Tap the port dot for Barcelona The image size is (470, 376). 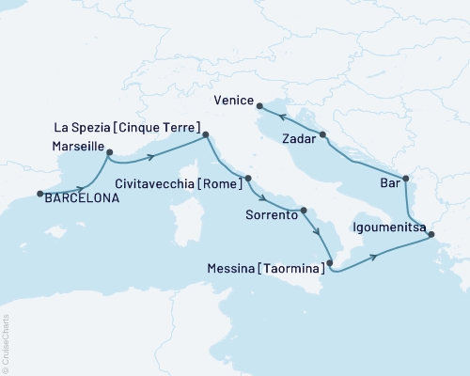tap(40, 195)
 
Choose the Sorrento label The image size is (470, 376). tap(272, 215)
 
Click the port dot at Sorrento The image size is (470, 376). tap(304, 211)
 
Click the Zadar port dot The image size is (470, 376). tap(323, 135)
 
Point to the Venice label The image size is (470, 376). tap(234, 97)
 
